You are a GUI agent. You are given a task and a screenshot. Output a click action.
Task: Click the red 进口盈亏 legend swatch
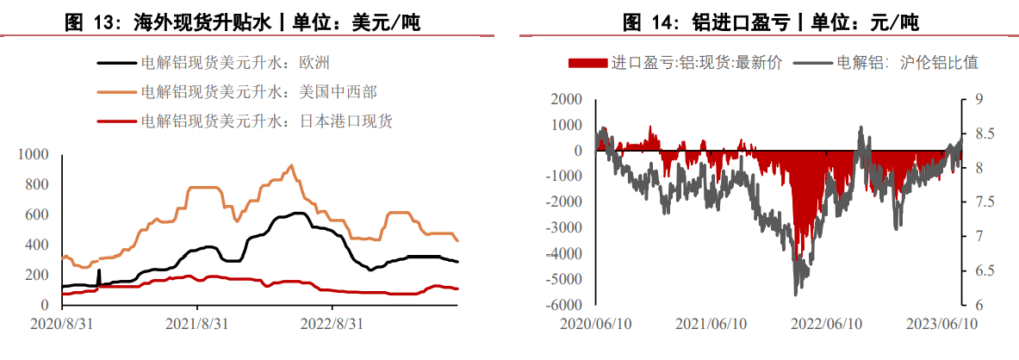tap(587, 63)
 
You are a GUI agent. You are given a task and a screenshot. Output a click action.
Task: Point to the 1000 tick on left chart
tap(34, 154)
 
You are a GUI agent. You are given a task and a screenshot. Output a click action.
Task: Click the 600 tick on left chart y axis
tap(38, 214)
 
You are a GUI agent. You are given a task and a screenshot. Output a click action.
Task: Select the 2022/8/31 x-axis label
tap(332, 324)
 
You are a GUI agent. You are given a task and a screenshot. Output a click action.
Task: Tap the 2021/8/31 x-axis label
tap(196, 324)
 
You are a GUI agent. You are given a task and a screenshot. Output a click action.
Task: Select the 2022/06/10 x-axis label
tap(828, 324)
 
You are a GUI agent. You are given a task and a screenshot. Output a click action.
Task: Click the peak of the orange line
tap(291, 165)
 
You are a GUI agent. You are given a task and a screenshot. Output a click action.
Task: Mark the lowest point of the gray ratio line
tap(796, 295)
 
